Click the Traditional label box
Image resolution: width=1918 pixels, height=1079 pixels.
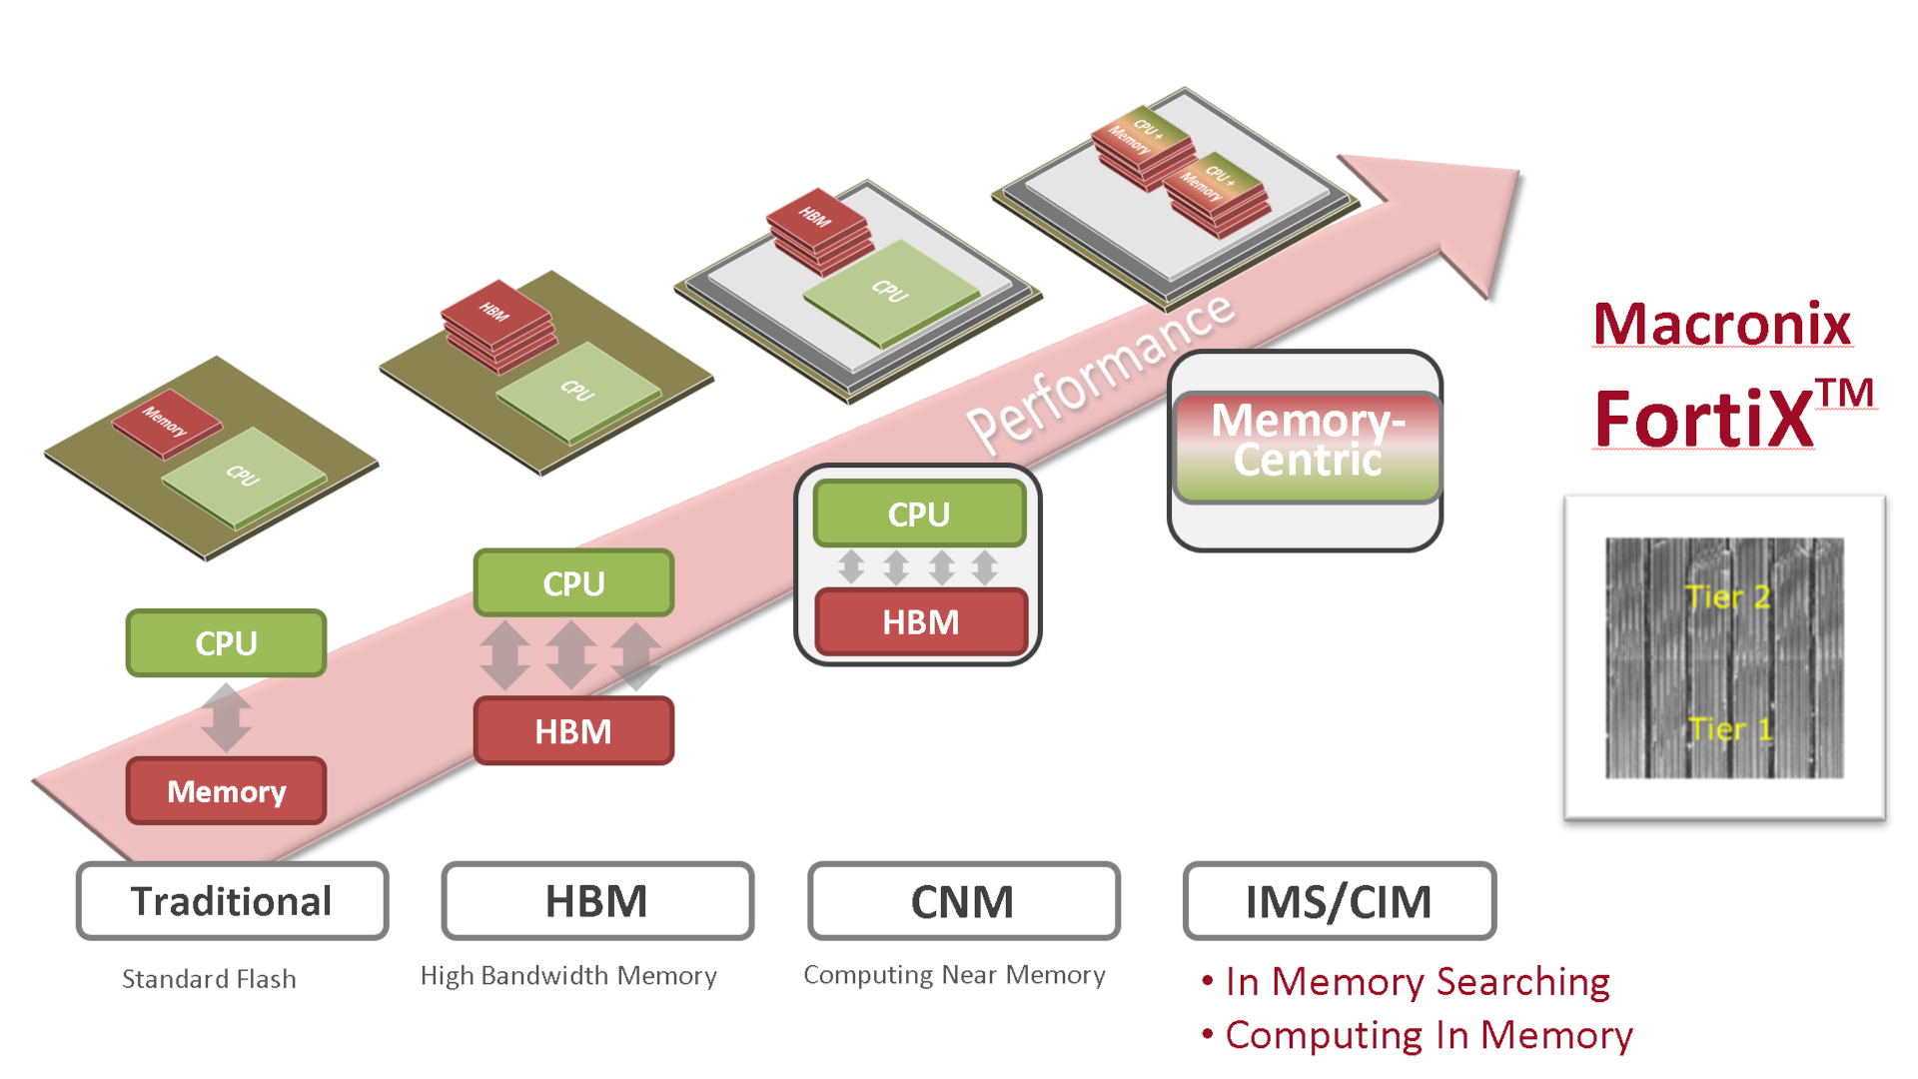click(232, 901)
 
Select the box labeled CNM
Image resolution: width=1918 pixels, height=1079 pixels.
click(963, 901)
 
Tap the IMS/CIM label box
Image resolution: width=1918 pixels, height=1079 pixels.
click(1339, 901)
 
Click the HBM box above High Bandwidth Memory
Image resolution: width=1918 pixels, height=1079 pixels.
click(596, 901)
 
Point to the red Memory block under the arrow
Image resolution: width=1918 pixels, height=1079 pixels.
click(226, 791)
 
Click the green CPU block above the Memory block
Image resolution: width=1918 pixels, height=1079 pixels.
click(226, 643)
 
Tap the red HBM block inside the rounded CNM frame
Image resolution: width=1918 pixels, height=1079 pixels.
click(920, 622)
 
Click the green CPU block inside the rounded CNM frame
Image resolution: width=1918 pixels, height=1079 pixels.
click(919, 514)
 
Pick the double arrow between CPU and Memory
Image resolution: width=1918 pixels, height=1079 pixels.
click(226, 717)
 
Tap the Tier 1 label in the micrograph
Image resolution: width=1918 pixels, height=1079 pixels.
click(1729, 729)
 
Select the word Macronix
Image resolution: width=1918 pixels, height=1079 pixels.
click(1722, 325)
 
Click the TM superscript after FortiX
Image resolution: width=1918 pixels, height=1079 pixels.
click(1844, 394)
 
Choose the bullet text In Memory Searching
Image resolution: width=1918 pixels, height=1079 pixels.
click(1417, 982)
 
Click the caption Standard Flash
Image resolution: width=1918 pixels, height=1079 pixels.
click(209, 979)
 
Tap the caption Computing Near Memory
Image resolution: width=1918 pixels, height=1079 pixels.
click(954, 975)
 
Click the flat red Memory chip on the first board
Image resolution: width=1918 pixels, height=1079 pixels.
click(166, 423)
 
